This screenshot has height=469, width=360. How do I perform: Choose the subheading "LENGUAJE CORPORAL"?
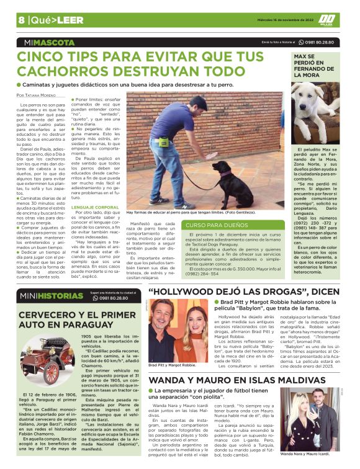(x=95, y=207)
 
